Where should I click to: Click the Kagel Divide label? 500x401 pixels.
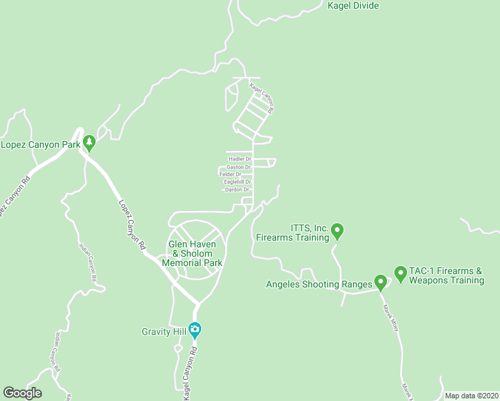click(353, 6)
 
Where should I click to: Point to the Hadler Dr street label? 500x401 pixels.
click(240, 159)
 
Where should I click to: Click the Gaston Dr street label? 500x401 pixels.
click(239, 167)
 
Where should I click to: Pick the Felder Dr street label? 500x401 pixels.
click(231, 174)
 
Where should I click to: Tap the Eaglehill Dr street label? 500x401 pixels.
click(237, 182)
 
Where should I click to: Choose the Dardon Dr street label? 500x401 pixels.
click(237, 190)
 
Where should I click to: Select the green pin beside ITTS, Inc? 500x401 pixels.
click(338, 231)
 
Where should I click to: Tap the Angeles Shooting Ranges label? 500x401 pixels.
click(318, 284)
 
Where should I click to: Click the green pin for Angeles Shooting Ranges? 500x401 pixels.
click(380, 283)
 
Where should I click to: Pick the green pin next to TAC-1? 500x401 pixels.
click(400, 273)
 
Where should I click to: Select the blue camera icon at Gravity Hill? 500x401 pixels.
click(195, 329)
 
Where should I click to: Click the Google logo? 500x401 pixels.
click(22, 393)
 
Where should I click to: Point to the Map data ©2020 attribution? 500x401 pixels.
click(471, 396)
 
